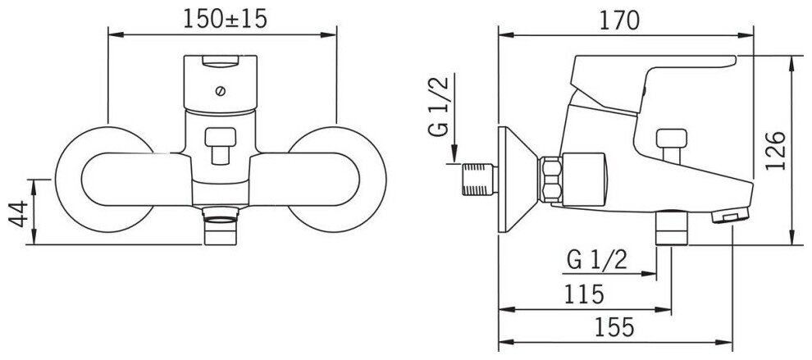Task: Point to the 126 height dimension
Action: coord(779,151)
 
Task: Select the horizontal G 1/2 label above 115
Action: coord(597,260)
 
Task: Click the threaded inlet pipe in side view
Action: coord(481,180)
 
